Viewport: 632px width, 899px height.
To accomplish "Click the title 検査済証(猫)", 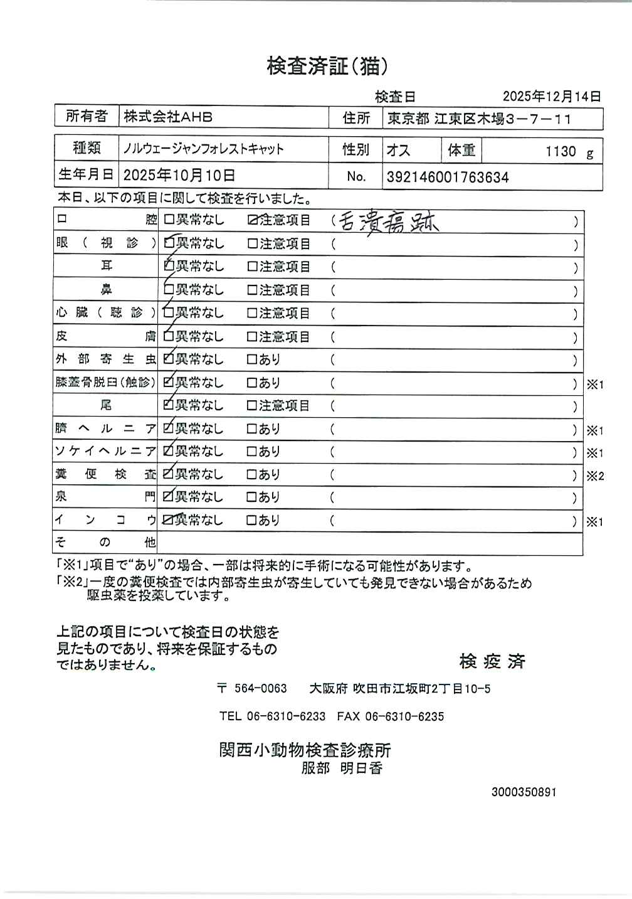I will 332,66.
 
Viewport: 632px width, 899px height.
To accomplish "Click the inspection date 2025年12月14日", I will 552,97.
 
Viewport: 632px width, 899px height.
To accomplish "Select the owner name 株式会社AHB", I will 168,117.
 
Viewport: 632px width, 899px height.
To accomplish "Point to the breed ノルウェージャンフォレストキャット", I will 203,149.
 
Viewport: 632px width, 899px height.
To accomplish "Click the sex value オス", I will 398,151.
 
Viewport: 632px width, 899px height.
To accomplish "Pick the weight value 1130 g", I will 568,152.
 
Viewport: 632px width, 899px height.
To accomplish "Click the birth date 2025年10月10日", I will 179,175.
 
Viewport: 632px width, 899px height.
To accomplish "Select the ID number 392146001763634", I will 448,178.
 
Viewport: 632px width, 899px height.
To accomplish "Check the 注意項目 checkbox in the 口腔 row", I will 253,220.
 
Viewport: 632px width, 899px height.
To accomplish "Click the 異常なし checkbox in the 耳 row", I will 168,267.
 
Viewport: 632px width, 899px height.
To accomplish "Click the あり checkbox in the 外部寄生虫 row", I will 252,359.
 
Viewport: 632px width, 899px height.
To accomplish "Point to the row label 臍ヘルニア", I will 105,429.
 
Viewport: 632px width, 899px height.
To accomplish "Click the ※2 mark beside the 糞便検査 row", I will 595,476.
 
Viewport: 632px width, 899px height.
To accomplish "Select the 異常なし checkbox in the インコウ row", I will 167,520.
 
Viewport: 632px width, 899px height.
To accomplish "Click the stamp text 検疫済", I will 492,661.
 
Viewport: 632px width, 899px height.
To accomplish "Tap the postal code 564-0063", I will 260,689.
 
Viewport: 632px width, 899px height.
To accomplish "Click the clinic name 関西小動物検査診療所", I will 305,750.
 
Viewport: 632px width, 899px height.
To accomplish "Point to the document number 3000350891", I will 524,792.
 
